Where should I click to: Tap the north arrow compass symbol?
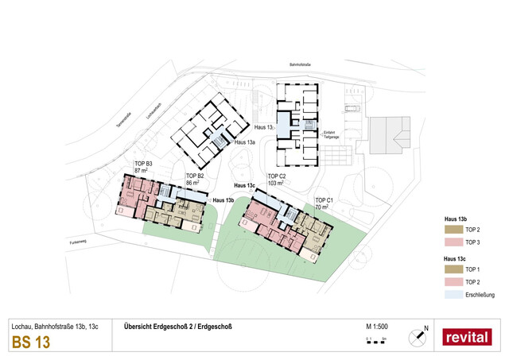pyautogui.click(x=416, y=336)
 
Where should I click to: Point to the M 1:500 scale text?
pyautogui.click(x=376, y=326)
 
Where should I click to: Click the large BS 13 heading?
pyautogui.click(x=31, y=343)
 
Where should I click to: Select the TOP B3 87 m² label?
pyautogui.click(x=143, y=168)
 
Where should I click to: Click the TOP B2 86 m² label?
pyautogui.click(x=195, y=179)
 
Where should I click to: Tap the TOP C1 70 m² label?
pyautogui.click(x=324, y=203)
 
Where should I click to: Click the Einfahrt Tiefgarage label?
pyautogui.click(x=332, y=134)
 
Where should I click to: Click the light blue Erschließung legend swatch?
pyautogui.click(x=453, y=295)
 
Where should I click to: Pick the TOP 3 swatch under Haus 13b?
pyautogui.click(x=453, y=242)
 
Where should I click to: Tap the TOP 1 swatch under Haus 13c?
pyautogui.click(x=453, y=269)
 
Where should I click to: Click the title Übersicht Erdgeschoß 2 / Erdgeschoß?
pyautogui.click(x=177, y=326)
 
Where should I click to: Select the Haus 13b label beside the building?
pyautogui.click(x=224, y=200)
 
